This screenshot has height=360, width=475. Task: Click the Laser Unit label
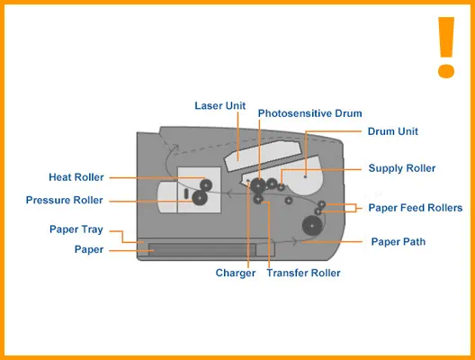coord(220,106)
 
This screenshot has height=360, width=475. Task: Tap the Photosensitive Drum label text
coord(309,113)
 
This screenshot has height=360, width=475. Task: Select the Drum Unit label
coord(393,131)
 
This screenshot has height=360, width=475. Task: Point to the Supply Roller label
coord(402,168)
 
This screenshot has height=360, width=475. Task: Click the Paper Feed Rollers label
coord(416,208)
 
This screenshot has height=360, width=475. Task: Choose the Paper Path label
coord(399,241)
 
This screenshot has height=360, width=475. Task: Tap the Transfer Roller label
coord(303,273)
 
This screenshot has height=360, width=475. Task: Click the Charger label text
coord(236,273)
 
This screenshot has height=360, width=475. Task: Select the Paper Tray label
coord(76,229)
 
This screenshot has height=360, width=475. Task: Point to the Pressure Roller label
coord(64,200)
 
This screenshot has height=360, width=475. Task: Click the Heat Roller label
coord(76,177)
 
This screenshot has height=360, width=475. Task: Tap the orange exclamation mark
coord(446,48)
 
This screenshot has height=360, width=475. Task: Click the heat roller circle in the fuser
coord(206,185)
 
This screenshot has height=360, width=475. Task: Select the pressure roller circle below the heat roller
coord(200,198)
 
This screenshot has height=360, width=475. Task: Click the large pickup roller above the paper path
coord(312,226)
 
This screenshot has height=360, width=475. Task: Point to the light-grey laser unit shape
coord(263,156)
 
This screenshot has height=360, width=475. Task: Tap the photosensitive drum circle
coord(258,185)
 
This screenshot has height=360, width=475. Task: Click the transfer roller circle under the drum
coord(258,199)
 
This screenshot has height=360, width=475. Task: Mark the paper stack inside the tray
coord(202,249)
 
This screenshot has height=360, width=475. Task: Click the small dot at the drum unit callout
coord(305,176)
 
